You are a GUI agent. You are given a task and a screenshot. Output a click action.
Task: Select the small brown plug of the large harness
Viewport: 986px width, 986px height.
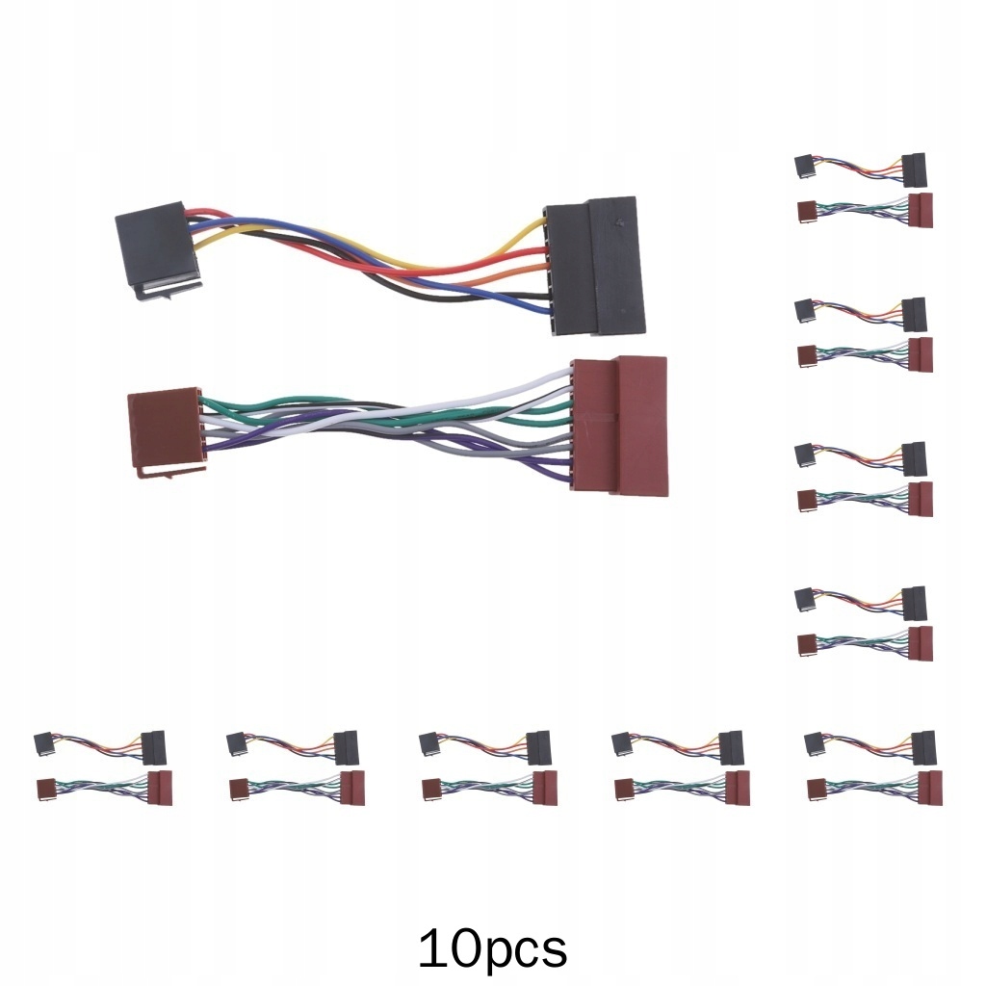[x=163, y=428]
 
